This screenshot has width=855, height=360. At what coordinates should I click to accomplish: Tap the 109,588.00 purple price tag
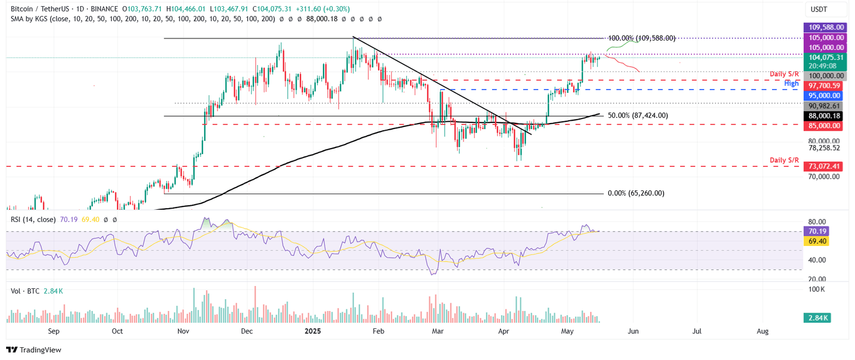pos(823,27)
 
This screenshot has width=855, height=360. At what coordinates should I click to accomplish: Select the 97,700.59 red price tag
pos(823,86)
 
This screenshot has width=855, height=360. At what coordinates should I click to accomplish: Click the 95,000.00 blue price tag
pos(823,96)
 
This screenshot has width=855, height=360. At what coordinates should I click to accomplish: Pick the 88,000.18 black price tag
pos(823,116)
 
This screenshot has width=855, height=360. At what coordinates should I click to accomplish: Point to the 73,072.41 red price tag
pos(823,166)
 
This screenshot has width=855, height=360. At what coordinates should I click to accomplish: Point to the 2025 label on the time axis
pos(311,331)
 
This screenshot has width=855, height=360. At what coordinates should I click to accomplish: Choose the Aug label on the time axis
pos(763,331)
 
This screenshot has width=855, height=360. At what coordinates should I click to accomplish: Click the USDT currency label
pos(819,9)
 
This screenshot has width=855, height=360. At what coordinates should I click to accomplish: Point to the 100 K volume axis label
pos(816,289)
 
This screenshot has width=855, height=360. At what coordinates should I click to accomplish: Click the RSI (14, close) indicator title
pos(33,220)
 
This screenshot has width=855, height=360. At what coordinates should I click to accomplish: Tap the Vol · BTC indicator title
pos(25,291)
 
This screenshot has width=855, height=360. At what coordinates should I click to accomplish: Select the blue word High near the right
pos(791,83)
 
